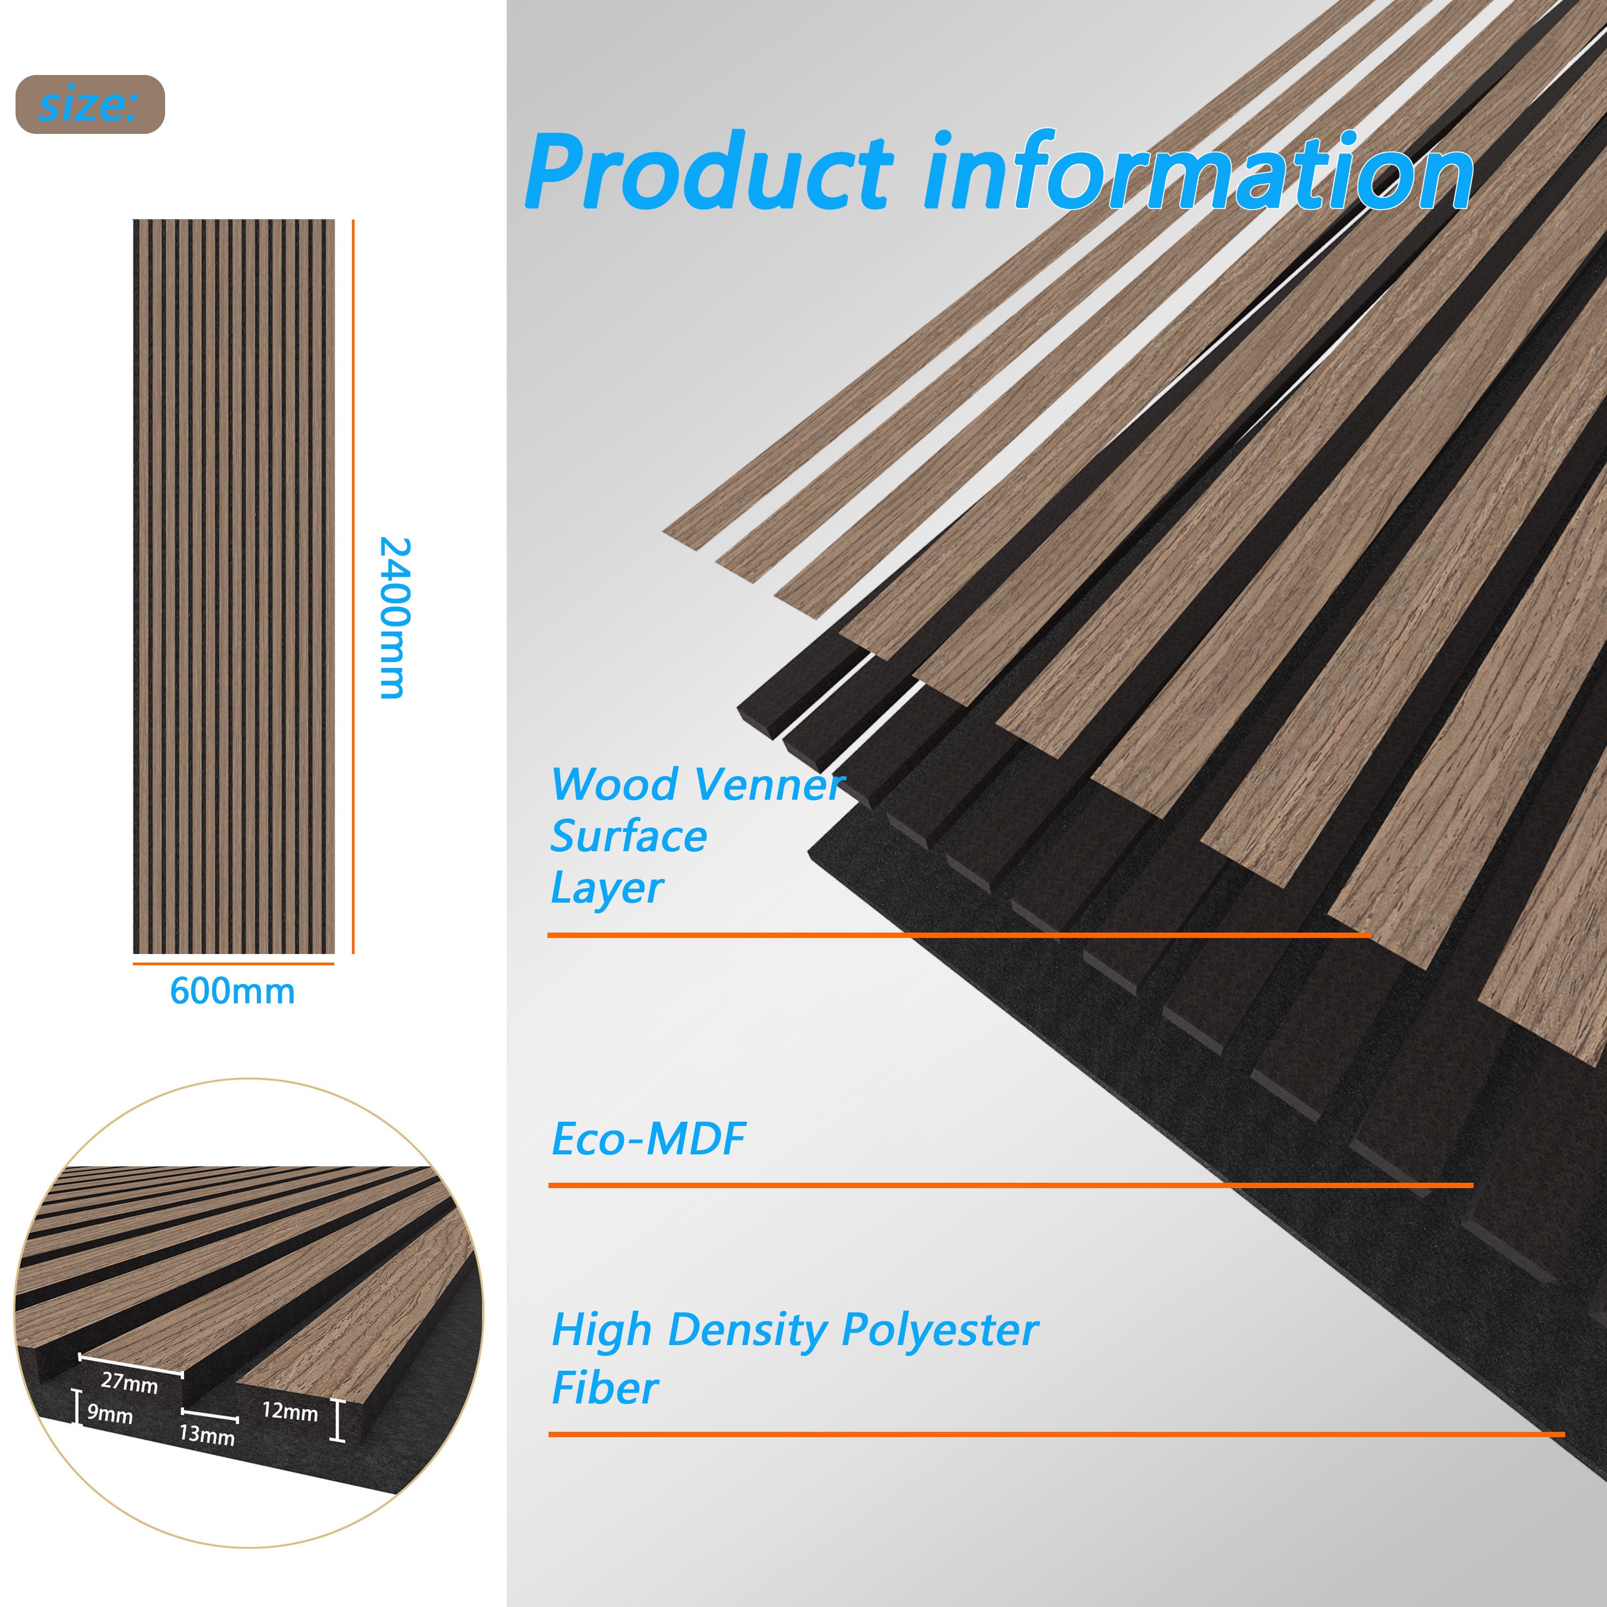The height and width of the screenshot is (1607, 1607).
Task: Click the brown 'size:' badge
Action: click(x=90, y=104)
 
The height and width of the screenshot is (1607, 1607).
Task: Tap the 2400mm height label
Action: click(x=393, y=617)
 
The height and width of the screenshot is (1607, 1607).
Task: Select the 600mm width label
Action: click(x=232, y=992)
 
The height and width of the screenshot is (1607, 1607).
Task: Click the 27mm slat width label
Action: click(x=129, y=1383)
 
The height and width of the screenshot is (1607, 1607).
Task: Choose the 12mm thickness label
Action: click(x=289, y=1411)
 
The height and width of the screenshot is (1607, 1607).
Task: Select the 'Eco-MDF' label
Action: click(x=648, y=1139)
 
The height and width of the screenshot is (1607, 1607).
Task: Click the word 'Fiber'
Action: click(x=605, y=1388)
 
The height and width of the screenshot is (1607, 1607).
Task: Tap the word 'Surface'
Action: click(x=628, y=836)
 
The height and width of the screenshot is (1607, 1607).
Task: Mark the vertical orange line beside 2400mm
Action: click(x=354, y=587)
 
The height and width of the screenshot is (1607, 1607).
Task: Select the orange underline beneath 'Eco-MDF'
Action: click(x=1011, y=1184)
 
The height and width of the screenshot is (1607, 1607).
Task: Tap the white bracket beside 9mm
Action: click(x=77, y=1407)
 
